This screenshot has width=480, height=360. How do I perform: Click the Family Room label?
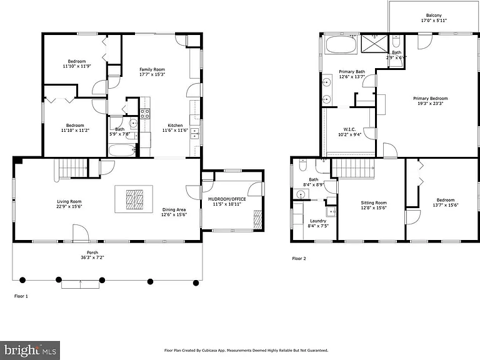click(152, 69)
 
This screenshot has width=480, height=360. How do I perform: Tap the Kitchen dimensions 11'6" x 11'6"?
click(175, 131)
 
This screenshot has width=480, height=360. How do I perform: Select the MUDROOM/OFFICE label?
click(227, 199)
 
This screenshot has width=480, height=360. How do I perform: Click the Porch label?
click(92, 252)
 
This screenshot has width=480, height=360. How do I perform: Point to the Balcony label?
click(434, 15)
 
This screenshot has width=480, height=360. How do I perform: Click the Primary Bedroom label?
click(431, 99)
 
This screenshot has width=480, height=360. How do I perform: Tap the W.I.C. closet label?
click(349, 129)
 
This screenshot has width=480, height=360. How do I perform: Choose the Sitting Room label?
click(374, 202)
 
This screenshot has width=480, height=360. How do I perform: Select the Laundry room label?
click(318, 221)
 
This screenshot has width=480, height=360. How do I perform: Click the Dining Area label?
click(174, 210)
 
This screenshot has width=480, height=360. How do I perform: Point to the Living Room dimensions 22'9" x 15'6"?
click(69, 207)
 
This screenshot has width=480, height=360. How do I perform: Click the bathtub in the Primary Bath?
click(341, 45)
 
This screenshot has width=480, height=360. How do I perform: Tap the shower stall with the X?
click(374, 44)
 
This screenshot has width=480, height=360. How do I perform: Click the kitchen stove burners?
click(145, 114)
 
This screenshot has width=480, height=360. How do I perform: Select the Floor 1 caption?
click(21, 296)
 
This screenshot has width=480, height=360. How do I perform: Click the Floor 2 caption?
click(299, 259)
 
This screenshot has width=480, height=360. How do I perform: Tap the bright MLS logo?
click(30, 351)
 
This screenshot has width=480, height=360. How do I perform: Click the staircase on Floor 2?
click(353, 168)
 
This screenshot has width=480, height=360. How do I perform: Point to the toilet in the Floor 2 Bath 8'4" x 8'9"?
click(302, 165)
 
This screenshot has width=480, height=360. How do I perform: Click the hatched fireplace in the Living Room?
click(135, 199)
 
